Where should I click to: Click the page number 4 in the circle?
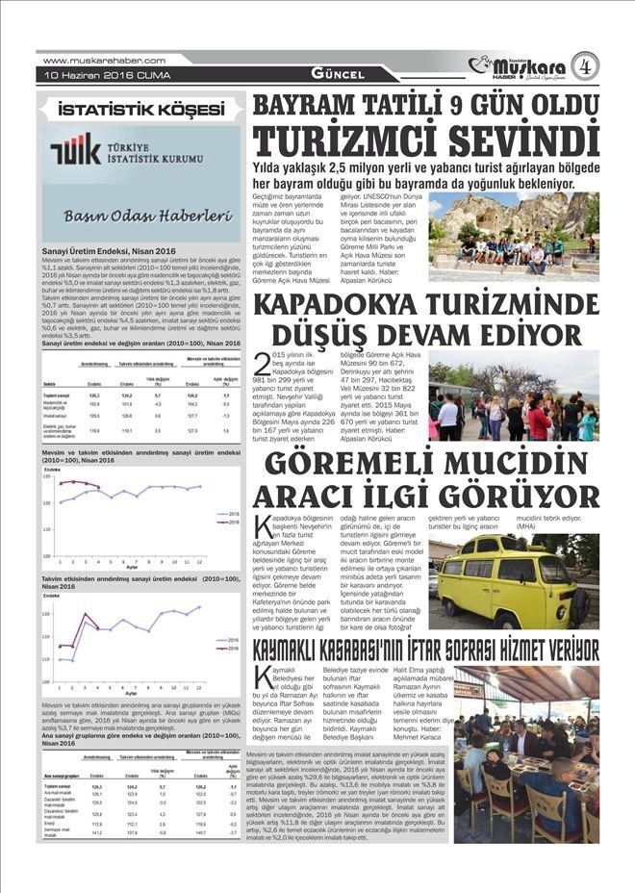click(585, 65)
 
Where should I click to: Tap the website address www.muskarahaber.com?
click(91, 60)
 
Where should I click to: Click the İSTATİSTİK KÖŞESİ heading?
click(134, 107)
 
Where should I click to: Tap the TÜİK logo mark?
click(70, 154)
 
